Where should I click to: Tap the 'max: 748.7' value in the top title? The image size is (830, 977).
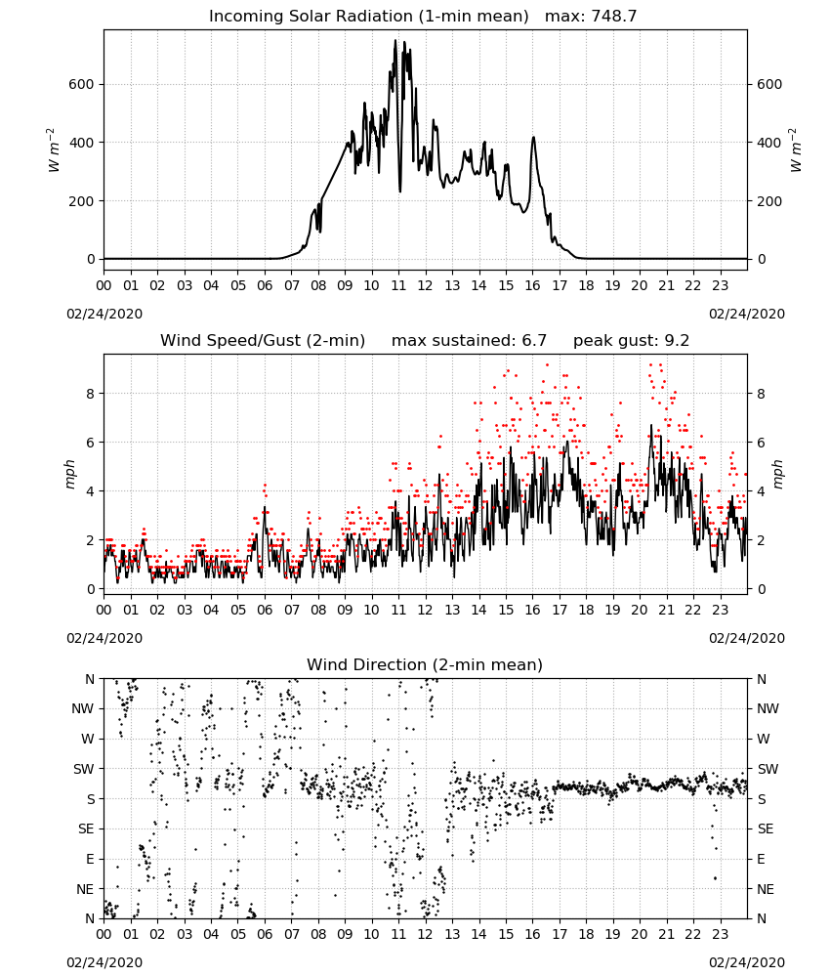click(591, 17)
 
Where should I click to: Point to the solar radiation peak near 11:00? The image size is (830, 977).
click(394, 41)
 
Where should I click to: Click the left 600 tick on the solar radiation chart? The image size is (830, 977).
click(82, 84)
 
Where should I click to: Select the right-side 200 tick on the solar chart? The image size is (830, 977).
click(769, 201)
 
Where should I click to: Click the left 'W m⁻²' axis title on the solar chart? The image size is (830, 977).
click(54, 150)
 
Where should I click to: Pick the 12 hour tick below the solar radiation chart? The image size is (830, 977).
click(425, 286)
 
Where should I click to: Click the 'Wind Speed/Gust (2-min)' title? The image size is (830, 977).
click(263, 341)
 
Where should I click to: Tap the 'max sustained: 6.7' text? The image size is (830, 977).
click(469, 341)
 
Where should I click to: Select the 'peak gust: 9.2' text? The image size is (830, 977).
click(632, 341)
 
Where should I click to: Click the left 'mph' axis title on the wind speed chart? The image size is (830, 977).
click(69, 474)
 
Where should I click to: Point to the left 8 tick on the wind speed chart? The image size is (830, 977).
click(91, 394)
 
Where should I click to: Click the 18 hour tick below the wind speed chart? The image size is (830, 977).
click(586, 610)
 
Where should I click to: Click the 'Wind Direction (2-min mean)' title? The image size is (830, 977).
click(425, 664)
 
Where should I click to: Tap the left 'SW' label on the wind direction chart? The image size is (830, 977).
click(83, 769)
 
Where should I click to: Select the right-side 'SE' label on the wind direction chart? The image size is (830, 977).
click(766, 828)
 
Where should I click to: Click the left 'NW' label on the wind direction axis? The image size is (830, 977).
click(83, 708)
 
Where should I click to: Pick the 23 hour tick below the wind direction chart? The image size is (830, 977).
click(720, 934)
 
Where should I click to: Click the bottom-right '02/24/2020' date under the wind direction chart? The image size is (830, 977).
click(747, 962)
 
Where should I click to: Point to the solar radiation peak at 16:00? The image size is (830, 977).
click(533, 138)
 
